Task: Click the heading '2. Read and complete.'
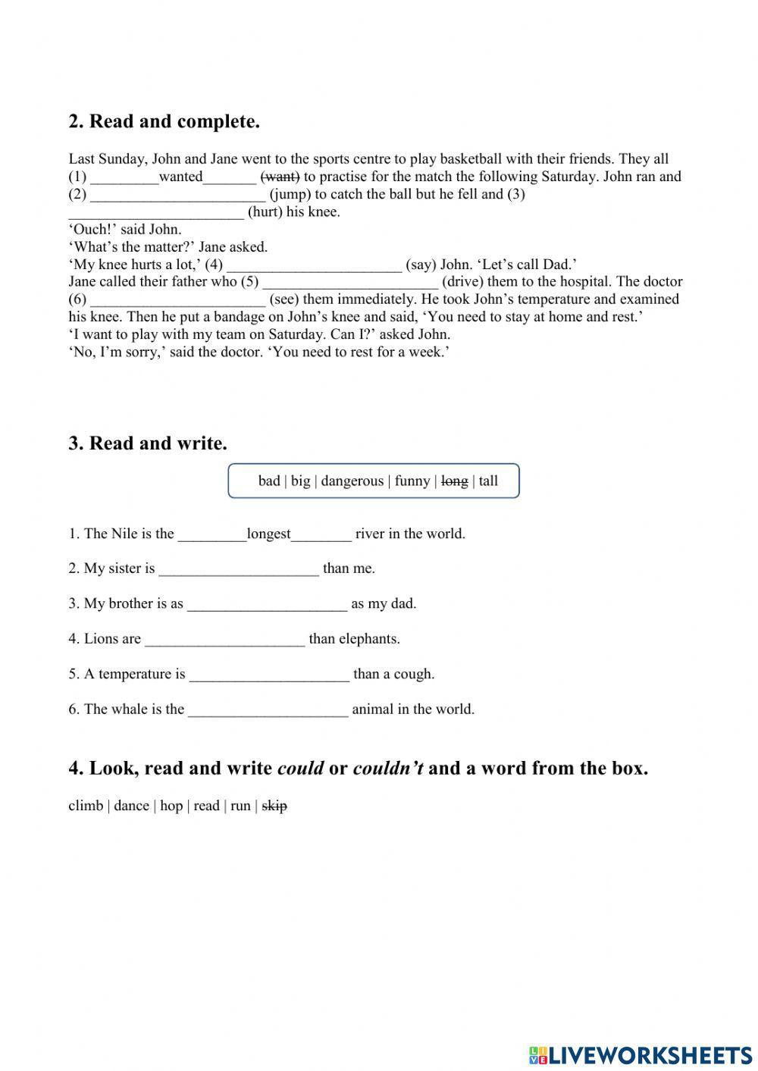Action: pos(164,121)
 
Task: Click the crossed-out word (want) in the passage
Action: pos(280,177)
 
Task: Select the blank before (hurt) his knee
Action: pos(156,212)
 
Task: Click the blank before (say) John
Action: pos(314,265)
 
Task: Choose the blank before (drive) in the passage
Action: pos(350,282)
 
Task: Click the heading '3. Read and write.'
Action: pos(148,443)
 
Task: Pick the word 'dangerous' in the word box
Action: pos(352,481)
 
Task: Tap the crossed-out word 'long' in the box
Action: pos(454,481)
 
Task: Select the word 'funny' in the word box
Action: pos(412,481)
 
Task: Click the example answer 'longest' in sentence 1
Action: pos(268,534)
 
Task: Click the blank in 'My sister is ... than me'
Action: pos(239,569)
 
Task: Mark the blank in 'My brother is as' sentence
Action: pos(267,604)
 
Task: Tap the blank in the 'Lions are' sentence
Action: pos(224,640)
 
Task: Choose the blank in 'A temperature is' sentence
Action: pos(269,675)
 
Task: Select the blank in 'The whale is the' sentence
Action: pos(268,710)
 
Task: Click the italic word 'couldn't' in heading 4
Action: pos(387,769)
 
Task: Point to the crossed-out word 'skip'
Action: pos(274,806)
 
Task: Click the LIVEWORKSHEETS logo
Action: pos(641,1054)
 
